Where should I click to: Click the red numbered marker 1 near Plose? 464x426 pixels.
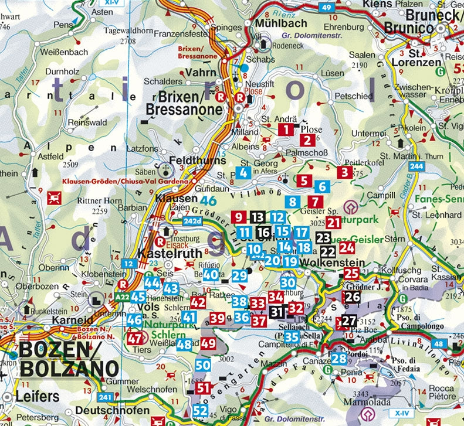pos(286,130)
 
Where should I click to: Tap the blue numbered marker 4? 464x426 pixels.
pos(245,173)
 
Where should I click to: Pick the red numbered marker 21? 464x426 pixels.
pos(334,222)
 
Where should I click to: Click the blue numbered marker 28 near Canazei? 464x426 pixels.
pos(338,359)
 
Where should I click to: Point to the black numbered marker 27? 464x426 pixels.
pos(349,321)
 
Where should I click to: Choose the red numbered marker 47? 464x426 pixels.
pos(135,338)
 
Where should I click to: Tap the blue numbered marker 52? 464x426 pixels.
pos(201,410)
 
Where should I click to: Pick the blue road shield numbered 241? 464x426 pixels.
pos(105,397)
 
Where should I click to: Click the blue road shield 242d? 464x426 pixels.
pos(192,221)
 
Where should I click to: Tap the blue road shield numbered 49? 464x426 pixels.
pos(327,7)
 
